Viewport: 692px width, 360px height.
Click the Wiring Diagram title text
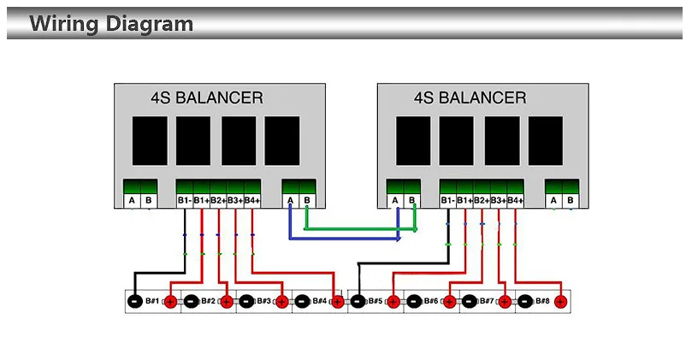point(111,23)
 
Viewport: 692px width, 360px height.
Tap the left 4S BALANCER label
point(207,97)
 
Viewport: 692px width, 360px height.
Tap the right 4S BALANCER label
point(470,97)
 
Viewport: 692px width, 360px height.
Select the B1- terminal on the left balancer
point(185,200)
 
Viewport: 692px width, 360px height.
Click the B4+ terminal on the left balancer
point(252,200)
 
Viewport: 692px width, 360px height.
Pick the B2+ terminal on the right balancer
point(482,200)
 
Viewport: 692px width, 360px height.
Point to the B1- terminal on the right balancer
point(447,200)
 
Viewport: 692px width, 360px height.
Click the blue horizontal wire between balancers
point(345,239)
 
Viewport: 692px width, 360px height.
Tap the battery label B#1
point(152,301)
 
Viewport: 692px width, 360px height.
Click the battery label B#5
point(376,301)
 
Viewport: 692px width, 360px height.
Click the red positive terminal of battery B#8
point(560,302)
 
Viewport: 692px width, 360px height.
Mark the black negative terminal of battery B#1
point(134,302)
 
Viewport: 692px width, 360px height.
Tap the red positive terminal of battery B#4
point(338,302)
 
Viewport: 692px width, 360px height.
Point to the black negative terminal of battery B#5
point(358,302)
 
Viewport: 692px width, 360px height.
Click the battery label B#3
point(264,301)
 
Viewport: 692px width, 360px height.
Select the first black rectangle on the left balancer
point(150,141)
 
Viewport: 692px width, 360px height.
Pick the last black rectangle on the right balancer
point(546,141)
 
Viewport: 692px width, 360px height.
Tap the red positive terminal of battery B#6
point(449,302)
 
